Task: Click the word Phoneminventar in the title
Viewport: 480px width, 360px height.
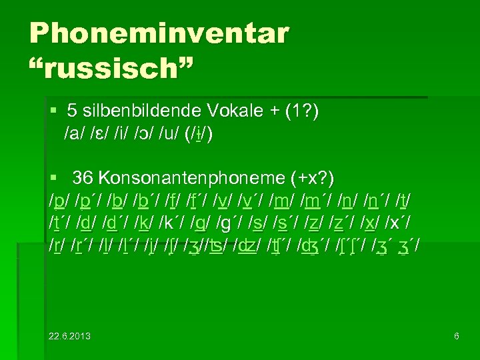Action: coord(159,33)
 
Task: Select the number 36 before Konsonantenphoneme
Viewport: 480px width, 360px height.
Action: coord(82,178)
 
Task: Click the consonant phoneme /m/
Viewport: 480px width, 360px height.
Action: coord(282,201)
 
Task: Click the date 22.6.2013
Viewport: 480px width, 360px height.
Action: coord(69,336)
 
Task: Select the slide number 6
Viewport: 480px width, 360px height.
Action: coord(457,336)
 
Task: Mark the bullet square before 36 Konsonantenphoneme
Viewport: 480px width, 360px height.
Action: coord(55,177)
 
